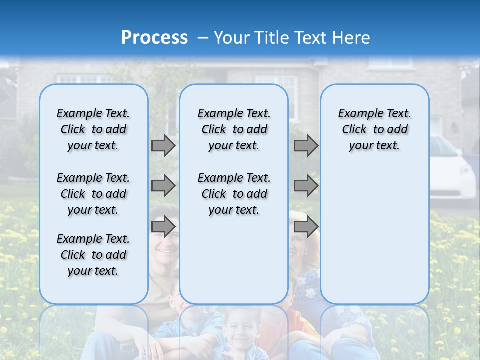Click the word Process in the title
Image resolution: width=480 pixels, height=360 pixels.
pyautogui.click(x=154, y=38)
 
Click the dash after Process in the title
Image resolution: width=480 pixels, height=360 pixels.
pyautogui.click(x=203, y=38)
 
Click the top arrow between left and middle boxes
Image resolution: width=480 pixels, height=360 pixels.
pyautogui.click(x=163, y=145)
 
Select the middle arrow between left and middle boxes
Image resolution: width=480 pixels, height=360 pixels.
pyautogui.click(x=163, y=186)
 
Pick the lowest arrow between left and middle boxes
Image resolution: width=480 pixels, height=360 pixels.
pyautogui.click(x=163, y=227)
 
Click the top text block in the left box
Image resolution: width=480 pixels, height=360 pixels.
pyautogui.click(x=93, y=129)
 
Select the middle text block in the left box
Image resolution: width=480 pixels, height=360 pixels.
pyautogui.click(x=93, y=194)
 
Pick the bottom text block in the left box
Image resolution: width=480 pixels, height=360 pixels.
pyautogui.click(x=93, y=255)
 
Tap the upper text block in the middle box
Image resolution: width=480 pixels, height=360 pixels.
pyautogui.click(x=234, y=129)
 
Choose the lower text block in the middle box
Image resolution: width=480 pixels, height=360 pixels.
pyautogui.click(x=234, y=194)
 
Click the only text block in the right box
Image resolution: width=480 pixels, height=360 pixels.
pyautogui.click(x=374, y=129)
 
